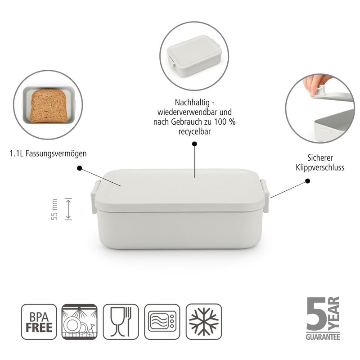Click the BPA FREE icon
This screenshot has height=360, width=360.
tap(39, 321)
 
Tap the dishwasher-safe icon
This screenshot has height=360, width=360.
tap(80, 321)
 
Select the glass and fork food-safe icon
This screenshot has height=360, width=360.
tap(121, 321)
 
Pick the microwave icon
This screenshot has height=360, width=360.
tap(162, 321)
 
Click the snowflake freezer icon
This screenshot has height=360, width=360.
tap(204, 321)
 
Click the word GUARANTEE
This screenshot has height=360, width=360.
tap(323, 337)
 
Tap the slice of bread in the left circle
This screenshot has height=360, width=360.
tap(49, 106)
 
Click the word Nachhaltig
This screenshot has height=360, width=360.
tap(192, 103)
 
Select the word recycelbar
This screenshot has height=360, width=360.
tap(194, 131)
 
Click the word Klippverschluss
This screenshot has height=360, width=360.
tap(320, 167)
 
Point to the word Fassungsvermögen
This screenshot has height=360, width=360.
tap(56, 153)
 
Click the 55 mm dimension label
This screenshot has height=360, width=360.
tap(54, 209)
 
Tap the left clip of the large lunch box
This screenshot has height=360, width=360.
tap(94, 196)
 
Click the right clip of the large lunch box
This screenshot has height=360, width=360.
tap(265, 196)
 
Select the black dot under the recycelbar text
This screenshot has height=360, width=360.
tap(194, 144)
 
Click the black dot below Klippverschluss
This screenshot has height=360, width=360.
tap(308, 181)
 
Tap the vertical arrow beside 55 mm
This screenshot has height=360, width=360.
tap(68, 209)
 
